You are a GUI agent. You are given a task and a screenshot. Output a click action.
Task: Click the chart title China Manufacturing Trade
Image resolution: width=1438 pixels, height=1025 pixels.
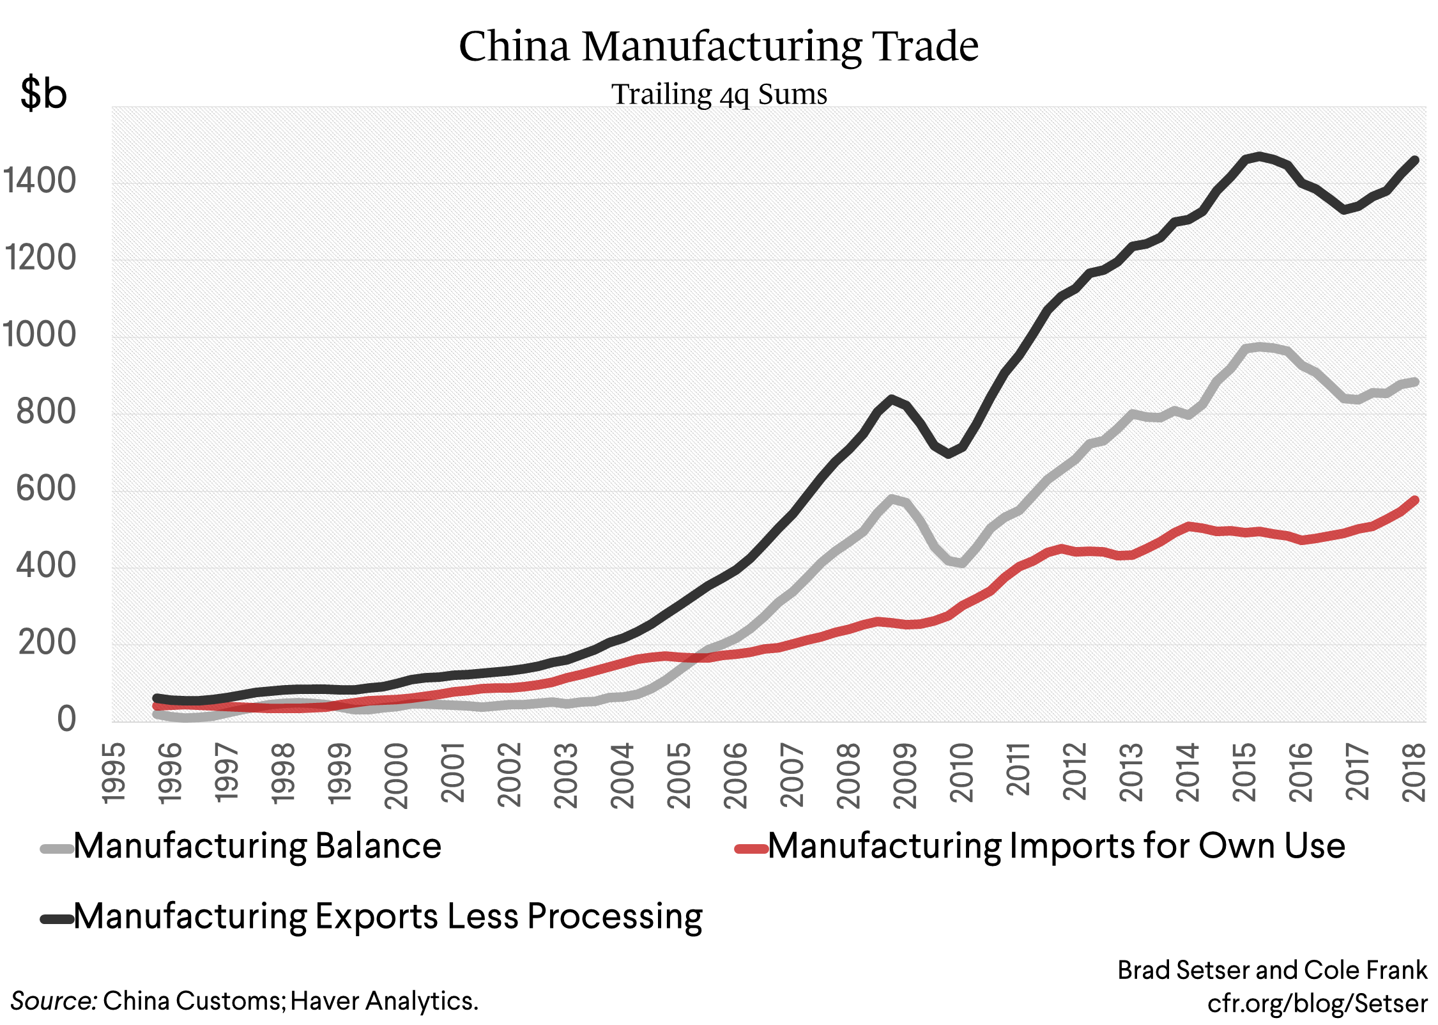point(719,46)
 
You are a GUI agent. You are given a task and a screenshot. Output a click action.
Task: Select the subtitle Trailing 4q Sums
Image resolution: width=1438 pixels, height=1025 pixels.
point(719,95)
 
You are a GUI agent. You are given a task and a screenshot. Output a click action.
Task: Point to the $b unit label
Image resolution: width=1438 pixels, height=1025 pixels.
point(43,93)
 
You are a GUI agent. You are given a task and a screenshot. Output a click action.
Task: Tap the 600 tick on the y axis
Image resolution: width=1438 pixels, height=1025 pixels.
point(46,489)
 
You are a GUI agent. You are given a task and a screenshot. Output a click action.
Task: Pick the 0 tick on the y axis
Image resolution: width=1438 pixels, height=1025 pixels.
point(66,720)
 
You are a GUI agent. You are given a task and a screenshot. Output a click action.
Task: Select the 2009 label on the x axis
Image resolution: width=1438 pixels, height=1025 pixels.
point(905,775)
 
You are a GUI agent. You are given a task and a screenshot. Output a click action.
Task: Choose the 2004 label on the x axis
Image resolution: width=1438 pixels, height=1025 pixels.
point(622,775)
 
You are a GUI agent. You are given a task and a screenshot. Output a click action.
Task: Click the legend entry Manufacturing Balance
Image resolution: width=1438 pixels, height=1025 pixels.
point(257,846)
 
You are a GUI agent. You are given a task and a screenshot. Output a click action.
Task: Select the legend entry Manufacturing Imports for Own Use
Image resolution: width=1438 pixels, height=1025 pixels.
point(1056,846)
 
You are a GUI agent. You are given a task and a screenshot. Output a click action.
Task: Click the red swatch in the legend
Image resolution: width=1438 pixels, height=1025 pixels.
point(751,849)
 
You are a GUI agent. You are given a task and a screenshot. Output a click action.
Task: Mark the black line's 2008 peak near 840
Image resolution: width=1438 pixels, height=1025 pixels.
point(892,399)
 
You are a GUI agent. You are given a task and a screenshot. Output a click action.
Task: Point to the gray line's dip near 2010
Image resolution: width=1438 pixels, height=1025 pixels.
point(962,563)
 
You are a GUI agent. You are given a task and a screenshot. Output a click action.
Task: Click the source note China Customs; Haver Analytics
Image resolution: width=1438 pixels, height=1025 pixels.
point(245,1001)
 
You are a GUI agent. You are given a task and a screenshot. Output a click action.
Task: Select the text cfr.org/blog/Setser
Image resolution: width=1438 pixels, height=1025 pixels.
point(1317,1003)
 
